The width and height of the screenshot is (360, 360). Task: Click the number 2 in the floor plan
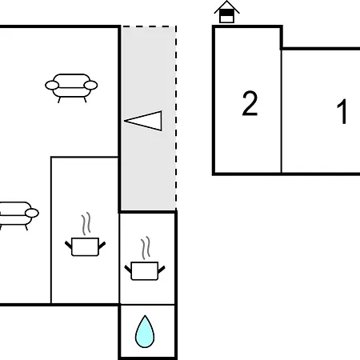click(x=250, y=103)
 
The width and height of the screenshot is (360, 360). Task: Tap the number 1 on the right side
click(x=342, y=111)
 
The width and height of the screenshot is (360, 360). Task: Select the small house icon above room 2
click(x=226, y=12)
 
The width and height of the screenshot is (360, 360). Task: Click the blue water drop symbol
click(x=145, y=331)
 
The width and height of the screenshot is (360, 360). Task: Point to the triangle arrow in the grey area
click(x=143, y=121)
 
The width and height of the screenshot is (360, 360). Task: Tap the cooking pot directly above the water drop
click(x=145, y=271)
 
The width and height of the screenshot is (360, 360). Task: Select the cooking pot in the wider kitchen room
click(x=86, y=246)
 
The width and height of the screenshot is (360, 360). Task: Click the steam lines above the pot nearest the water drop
click(x=146, y=248)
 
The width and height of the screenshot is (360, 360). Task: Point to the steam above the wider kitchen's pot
click(x=86, y=223)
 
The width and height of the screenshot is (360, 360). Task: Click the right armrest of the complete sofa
click(x=90, y=86)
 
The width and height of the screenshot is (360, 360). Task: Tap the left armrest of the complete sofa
click(x=52, y=86)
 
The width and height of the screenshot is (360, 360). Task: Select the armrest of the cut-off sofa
click(x=32, y=213)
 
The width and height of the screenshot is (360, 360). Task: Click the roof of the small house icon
click(x=226, y=7)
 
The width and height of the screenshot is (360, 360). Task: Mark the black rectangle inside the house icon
click(x=226, y=13)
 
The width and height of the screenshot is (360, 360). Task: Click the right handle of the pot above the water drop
click(x=162, y=270)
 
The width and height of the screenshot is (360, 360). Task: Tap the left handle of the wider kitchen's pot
click(x=69, y=245)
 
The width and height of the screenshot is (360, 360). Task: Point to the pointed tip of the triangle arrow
click(x=125, y=121)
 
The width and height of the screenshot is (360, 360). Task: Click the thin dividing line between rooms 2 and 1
click(x=281, y=111)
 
